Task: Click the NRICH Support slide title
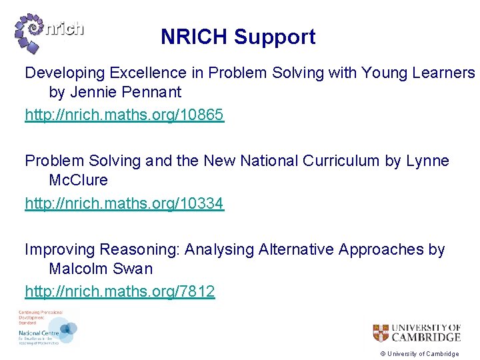pyautogui.click(x=238, y=37)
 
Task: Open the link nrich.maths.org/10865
pyautogui.click(x=125, y=115)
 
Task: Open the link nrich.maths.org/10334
pyautogui.click(x=125, y=205)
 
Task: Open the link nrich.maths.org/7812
pyautogui.click(x=120, y=291)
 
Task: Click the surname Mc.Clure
pyautogui.click(x=78, y=181)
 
